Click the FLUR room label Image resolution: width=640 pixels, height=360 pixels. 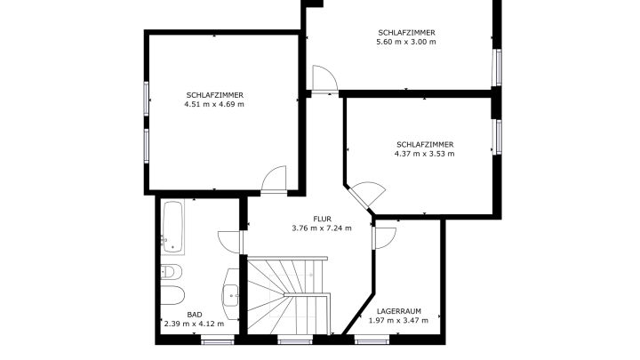coord(322,220)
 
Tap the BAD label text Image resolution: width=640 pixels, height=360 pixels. coord(195,315)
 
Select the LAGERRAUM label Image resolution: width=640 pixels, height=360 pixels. coord(399,311)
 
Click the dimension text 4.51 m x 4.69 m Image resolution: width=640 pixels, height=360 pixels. coord(214,104)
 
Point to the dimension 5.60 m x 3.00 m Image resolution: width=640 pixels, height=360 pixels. coord(406,42)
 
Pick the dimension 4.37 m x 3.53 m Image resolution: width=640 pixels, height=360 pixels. coord(425,154)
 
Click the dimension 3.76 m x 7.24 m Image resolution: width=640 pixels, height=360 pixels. coord(322,228)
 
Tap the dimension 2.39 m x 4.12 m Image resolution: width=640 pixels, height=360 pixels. coord(194,324)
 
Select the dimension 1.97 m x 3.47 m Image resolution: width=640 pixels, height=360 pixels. coord(398,320)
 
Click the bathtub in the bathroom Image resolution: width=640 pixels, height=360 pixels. coord(172,227)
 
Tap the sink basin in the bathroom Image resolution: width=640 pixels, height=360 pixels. coord(231,294)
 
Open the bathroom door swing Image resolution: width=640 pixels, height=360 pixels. coord(229,242)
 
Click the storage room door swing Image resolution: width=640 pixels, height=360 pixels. coord(385,238)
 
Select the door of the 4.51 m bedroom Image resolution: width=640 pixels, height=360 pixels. coord(274,179)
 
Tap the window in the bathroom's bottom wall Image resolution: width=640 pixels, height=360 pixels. coord(218,340)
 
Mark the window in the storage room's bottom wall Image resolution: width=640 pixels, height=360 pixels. coord(372,340)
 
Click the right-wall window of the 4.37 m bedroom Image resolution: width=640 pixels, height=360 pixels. coord(497,137)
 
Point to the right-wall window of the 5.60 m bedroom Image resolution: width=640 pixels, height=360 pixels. coord(497,68)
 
